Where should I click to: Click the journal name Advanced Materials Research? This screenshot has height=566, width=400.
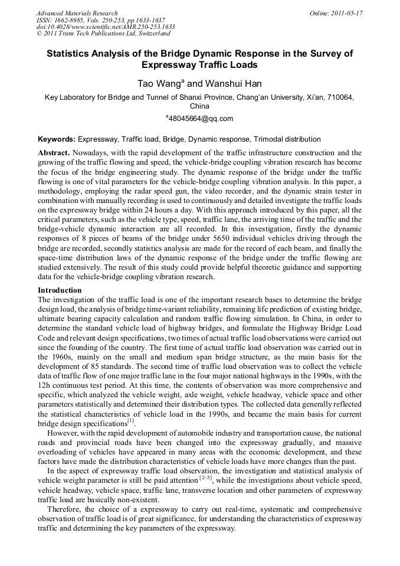pyautogui.click(x=77, y=12)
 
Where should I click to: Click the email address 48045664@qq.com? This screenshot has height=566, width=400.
pyautogui.click(x=201, y=118)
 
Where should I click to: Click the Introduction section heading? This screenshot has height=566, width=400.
pyautogui.click(x=60, y=290)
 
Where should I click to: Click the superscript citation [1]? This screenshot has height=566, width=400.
pyautogui.click(x=131, y=421)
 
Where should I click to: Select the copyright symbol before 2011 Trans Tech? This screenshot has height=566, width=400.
pyautogui.click(x=40, y=34)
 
